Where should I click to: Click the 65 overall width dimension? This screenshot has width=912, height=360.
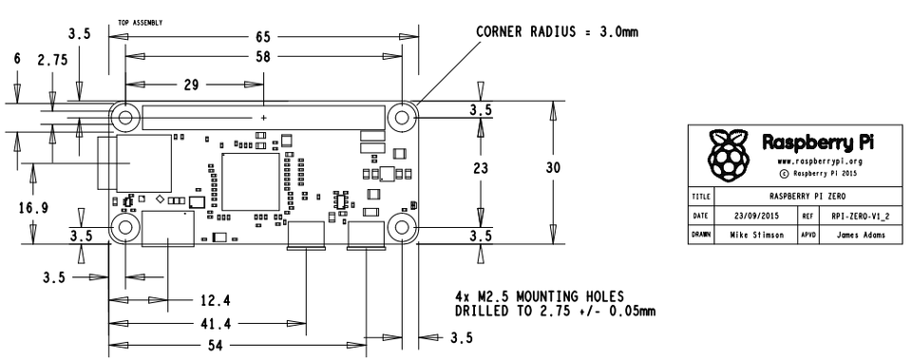263,36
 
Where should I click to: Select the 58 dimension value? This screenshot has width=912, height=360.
263,56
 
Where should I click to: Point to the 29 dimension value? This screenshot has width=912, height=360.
192,85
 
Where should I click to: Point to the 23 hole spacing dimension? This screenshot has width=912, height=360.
480,166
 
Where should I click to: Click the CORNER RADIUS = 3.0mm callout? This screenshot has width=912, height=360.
557,32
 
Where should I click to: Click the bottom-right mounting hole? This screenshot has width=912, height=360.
403,228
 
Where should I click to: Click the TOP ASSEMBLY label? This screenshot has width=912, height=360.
139,20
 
